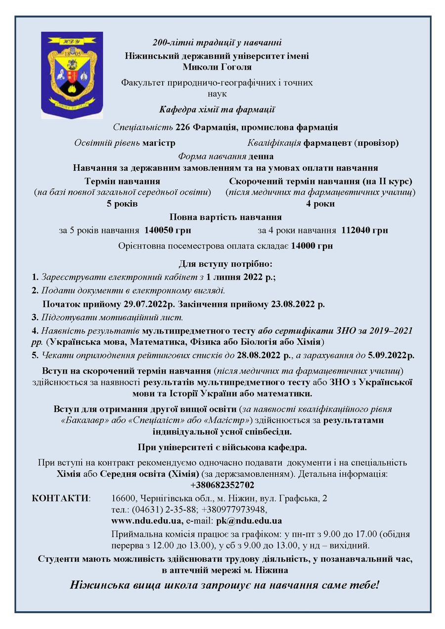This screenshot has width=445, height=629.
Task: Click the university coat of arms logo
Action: [72, 75]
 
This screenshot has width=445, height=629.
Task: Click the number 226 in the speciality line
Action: [183, 127]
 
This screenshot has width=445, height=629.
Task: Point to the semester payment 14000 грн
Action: [312, 246]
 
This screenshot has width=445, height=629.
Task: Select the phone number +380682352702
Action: [222, 485]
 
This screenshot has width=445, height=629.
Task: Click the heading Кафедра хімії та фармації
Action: [217, 110]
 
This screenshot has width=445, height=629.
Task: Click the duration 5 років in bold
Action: [122, 204]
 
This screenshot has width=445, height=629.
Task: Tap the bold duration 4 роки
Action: [320, 204]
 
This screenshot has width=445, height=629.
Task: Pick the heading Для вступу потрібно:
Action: [225, 264]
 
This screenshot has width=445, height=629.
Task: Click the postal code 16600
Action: [123, 497]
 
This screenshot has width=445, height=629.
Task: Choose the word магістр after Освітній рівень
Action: [159, 143]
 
